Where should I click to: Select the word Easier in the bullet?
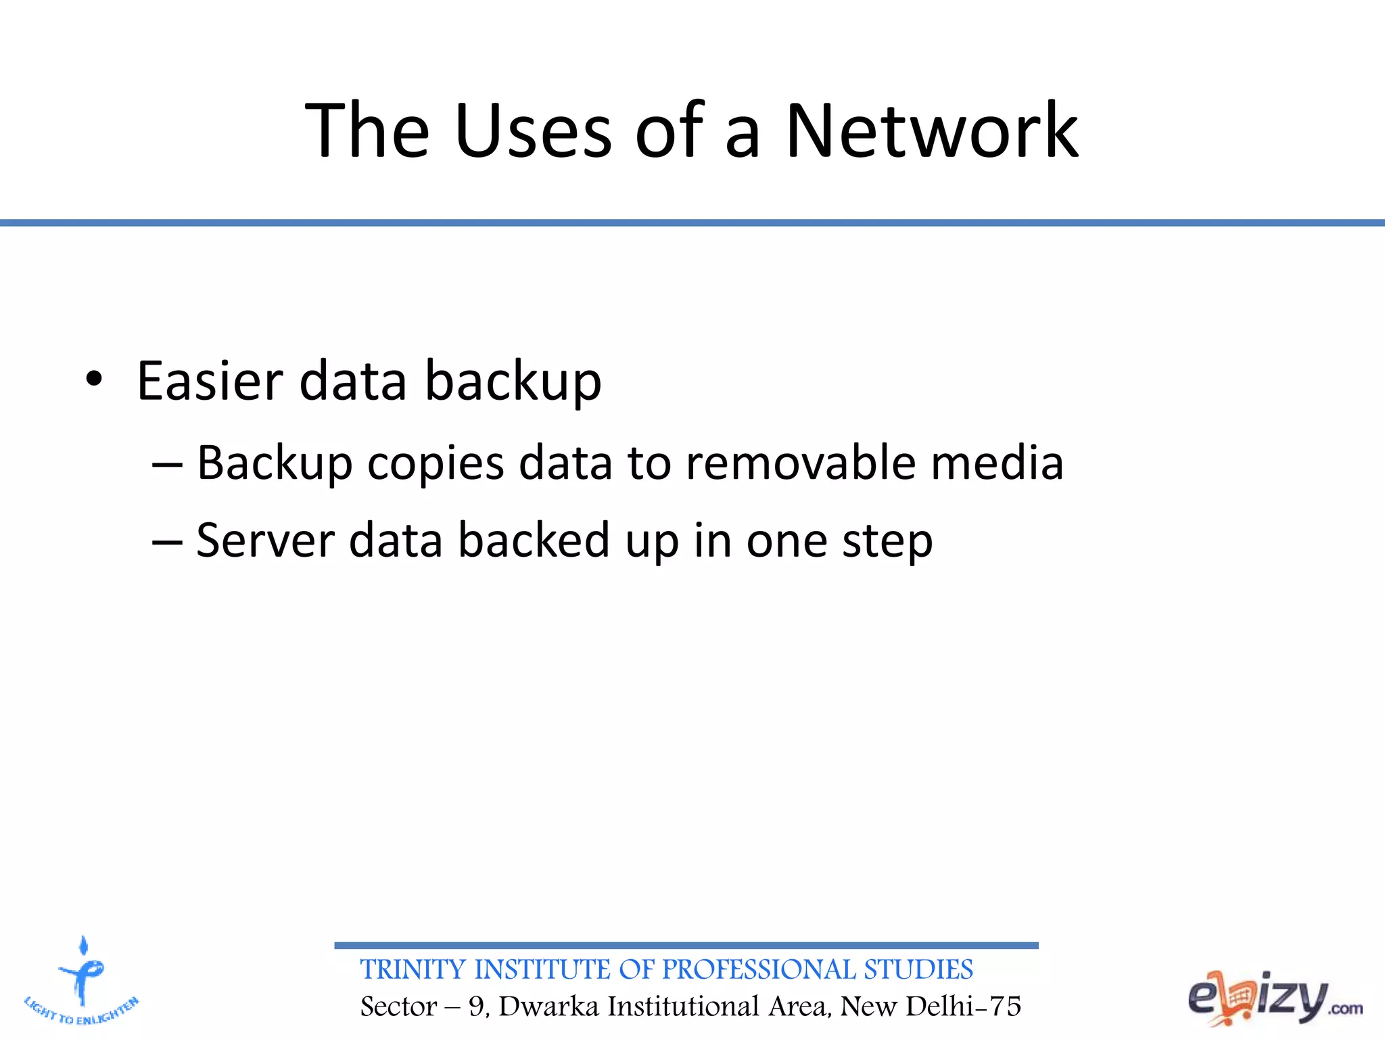point(209,380)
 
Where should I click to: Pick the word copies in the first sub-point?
point(436,464)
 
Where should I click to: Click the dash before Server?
point(167,542)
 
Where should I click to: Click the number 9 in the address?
point(477,1007)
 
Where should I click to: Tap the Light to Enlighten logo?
point(82,981)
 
